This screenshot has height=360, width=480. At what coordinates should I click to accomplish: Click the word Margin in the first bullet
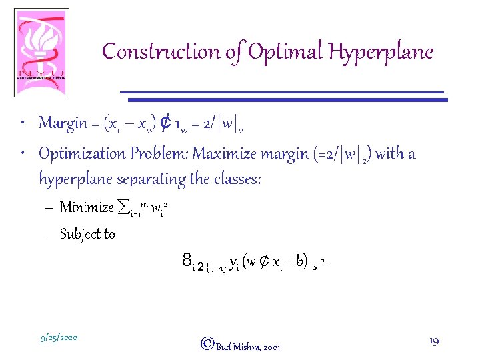(63, 123)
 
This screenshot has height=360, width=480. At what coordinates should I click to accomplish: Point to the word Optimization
(79, 155)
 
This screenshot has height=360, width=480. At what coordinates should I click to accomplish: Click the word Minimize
(87, 207)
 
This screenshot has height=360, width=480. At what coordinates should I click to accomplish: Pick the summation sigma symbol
(122, 207)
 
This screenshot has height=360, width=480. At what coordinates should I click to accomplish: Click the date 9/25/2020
(59, 338)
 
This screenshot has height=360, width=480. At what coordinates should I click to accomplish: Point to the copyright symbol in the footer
(207, 344)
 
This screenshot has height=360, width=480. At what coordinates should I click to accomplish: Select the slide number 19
(434, 341)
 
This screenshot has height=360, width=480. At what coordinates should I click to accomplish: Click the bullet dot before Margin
(24, 123)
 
